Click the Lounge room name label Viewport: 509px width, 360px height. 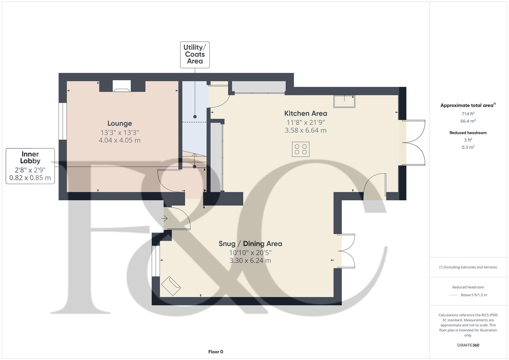tap(119, 124)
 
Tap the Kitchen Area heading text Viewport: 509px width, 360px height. tap(305, 113)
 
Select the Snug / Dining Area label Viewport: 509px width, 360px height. tap(250, 244)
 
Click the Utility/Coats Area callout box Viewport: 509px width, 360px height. tap(195, 55)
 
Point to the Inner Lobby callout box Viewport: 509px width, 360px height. tap(30, 166)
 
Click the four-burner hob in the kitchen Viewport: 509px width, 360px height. tap(301, 149)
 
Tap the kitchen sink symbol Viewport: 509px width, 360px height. tap(344, 101)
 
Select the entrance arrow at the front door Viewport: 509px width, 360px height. tap(164, 219)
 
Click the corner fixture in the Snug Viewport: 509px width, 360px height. tap(171, 286)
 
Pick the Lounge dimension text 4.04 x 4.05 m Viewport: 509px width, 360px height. tap(119, 140)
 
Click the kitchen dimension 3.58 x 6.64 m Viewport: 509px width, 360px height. tap(305, 130)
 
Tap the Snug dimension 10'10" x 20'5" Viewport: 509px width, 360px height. tap(250, 253)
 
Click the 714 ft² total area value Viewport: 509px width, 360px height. tap(468, 114)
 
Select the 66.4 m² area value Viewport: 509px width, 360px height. tap(468, 121)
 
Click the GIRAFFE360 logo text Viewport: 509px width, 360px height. tap(468, 345)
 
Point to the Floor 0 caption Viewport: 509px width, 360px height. tap(216, 352)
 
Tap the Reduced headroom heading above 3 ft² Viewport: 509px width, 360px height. tap(468, 133)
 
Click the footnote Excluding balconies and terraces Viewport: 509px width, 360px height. tap(468, 267)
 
